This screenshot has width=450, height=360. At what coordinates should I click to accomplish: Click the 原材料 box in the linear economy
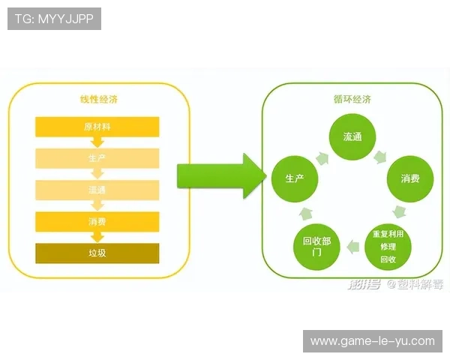(97, 126)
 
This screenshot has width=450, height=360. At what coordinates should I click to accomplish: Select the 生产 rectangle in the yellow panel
(97, 158)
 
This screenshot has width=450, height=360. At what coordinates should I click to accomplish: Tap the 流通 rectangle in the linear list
(97, 190)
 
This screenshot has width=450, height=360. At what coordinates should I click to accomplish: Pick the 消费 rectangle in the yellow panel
(97, 221)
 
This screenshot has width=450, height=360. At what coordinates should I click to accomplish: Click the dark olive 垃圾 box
(97, 253)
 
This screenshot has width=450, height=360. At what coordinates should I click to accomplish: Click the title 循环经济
(352, 100)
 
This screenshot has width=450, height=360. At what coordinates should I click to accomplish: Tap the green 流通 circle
(352, 137)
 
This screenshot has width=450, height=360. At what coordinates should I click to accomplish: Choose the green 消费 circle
(409, 178)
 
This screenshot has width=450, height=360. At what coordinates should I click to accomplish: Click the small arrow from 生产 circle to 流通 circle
(322, 157)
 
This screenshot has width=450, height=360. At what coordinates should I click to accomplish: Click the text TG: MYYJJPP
(54, 18)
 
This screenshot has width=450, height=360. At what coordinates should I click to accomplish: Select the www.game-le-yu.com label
(372, 341)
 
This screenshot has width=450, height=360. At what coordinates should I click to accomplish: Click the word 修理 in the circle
(388, 247)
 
